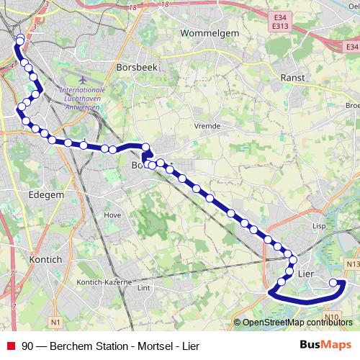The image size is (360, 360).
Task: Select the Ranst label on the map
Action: point(293,77)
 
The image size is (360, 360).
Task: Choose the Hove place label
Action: point(112,215)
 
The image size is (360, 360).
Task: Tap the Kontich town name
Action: point(45,259)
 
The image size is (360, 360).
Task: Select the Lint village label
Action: point(143,288)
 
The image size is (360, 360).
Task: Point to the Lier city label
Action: point(307,274)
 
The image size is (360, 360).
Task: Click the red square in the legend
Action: point(11,346)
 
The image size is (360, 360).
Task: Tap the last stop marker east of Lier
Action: point(334,283)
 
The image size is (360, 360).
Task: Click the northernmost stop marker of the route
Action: point(20,38)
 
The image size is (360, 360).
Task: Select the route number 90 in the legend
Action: point(27,346)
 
